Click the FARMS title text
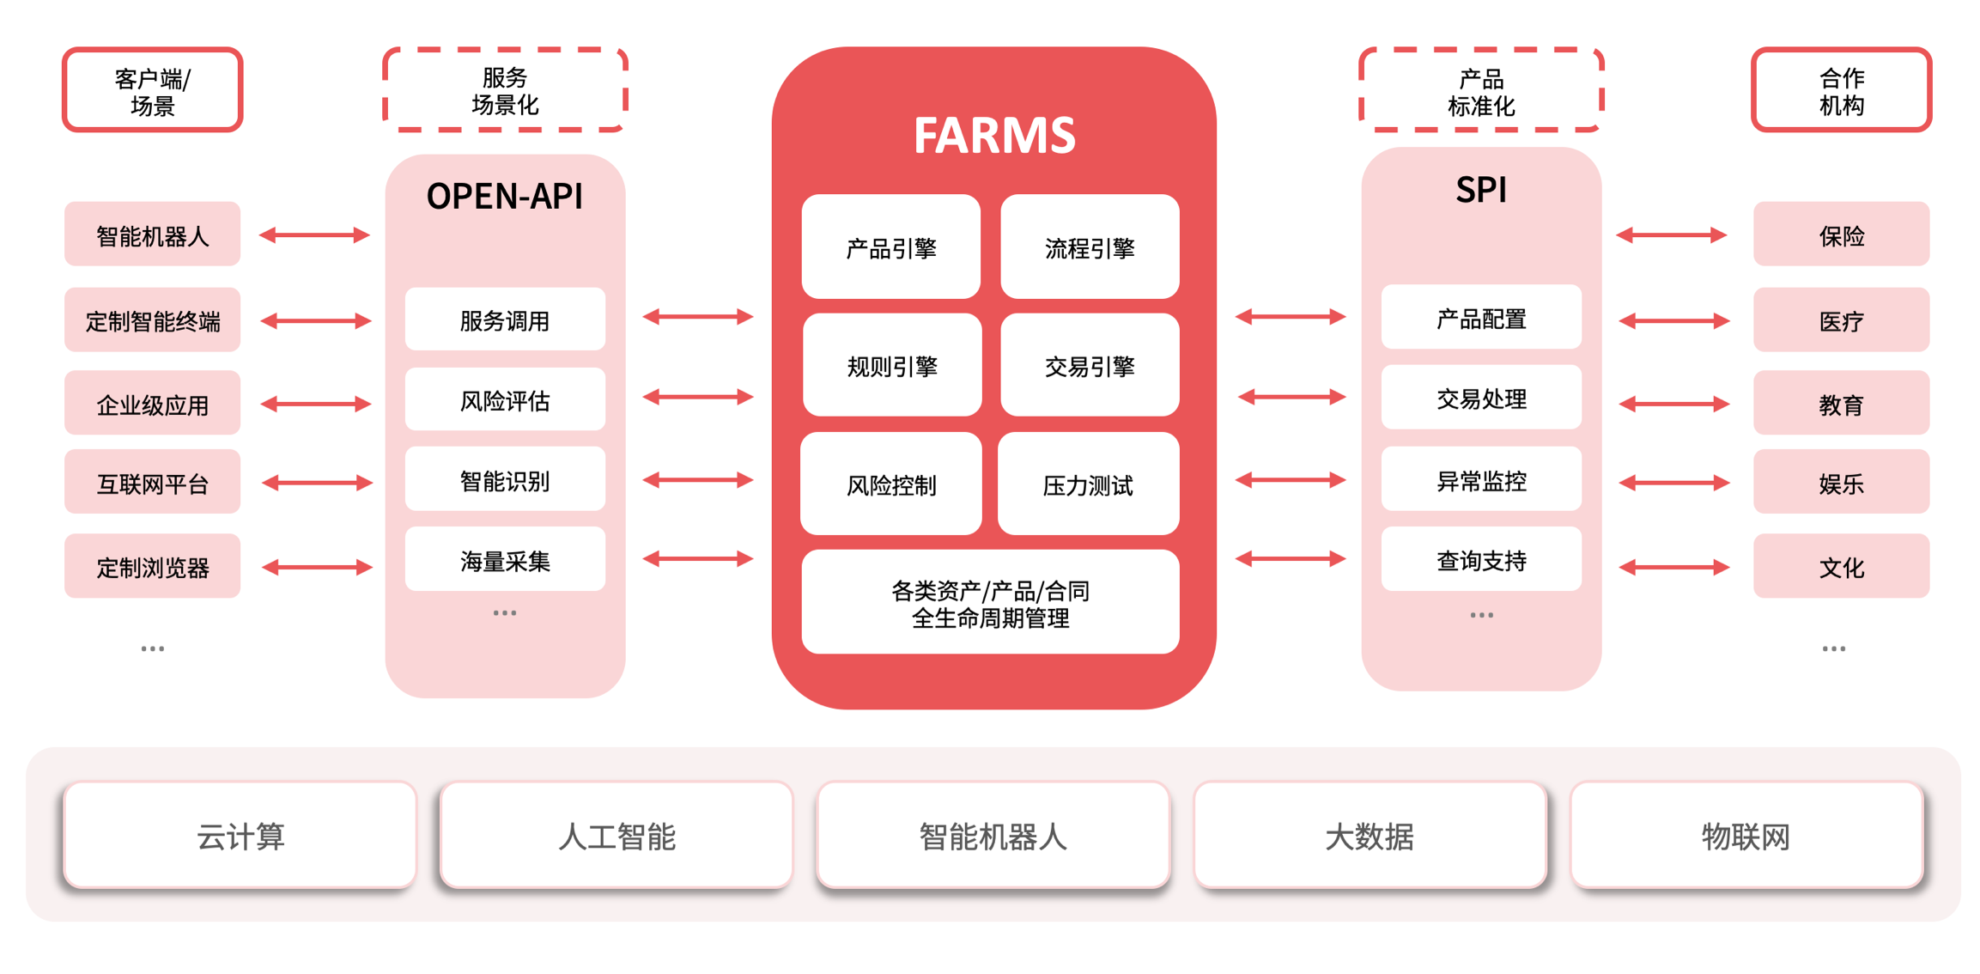pos(993,136)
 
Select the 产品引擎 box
pos(890,247)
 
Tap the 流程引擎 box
pos(1090,247)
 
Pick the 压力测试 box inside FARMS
pos(1088,484)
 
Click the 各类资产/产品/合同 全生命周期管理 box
pos(990,603)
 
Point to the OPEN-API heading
pos(505,197)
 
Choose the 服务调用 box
pos(505,320)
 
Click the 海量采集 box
pos(505,560)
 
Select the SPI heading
pos(1481,190)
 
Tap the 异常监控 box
pos(1481,480)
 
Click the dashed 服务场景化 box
pos(505,90)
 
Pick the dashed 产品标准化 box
pos(1481,91)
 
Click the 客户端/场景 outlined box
pos(153,90)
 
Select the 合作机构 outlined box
pos(1841,90)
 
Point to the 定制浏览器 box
pos(153,567)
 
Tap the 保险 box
pos(1841,234)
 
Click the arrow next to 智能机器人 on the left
pos(314,234)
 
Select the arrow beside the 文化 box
pos(1673,567)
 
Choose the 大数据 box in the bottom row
pos(1370,835)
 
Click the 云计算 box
pos(240,835)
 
